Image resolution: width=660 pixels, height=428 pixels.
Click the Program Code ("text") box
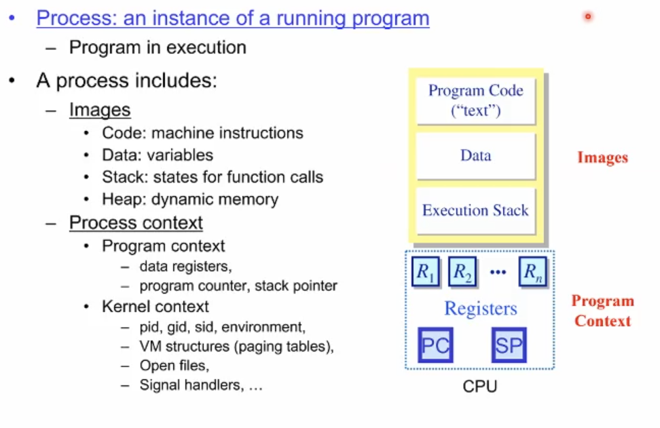[475, 100]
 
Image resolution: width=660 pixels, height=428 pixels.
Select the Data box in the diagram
[475, 155]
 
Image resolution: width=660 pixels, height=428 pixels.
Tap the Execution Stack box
[475, 210]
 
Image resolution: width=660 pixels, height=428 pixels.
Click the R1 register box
[426, 272]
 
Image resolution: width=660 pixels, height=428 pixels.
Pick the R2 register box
[462, 272]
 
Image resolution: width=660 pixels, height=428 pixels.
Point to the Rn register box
[532, 272]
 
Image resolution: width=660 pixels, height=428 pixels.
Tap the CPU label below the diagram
[479, 387]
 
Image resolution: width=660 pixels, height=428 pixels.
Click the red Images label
[602, 158]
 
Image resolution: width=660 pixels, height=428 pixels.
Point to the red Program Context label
[602, 311]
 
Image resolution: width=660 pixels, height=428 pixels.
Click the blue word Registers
[480, 309]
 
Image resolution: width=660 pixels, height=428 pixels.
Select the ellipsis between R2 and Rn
[498, 273]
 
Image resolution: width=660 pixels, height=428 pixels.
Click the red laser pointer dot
[588, 16]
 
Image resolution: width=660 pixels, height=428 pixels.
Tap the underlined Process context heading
[136, 222]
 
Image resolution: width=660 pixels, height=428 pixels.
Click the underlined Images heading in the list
[99, 110]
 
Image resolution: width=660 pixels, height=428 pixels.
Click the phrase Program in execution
[158, 47]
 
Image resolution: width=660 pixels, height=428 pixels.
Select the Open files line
[174, 366]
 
